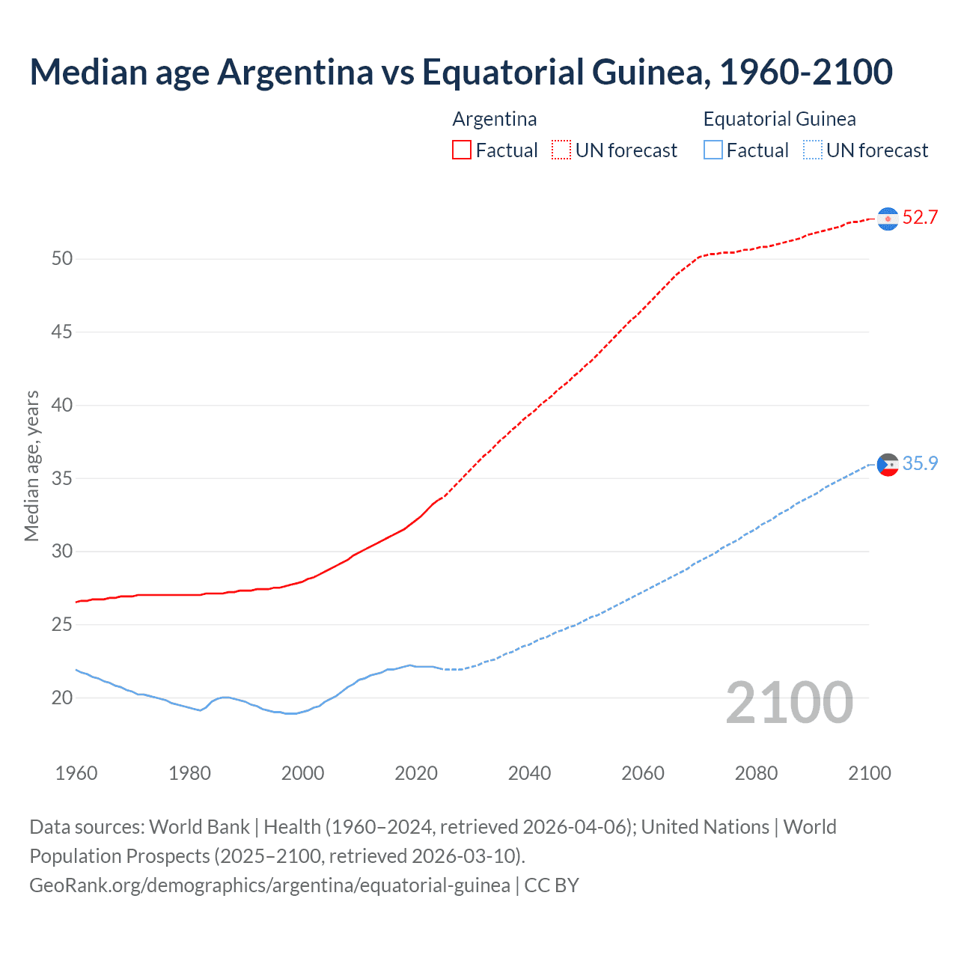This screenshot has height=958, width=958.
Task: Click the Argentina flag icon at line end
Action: pos(888,219)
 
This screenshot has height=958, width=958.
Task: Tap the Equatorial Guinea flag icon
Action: pos(888,465)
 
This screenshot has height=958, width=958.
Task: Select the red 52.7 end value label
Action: pos(920,218)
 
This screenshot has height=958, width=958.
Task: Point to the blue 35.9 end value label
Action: pos(920,464)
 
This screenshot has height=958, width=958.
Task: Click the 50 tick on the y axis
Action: pos(62,259)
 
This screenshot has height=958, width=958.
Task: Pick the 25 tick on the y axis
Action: pos(62,624)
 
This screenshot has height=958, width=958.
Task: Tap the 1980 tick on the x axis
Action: pos(189,773)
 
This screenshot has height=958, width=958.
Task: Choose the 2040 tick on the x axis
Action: pos(529,773)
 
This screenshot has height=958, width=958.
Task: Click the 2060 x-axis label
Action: pos(643,773)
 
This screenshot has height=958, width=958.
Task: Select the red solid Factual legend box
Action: pos(462,150)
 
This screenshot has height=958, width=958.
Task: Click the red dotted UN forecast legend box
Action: pos(561,150)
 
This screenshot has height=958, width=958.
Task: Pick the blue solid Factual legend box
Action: pos(713,150)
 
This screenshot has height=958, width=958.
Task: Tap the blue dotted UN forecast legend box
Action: pos(813,150)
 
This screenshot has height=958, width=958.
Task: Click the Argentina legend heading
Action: pos(495,119)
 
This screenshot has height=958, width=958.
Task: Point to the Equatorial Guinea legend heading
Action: pos(779,119)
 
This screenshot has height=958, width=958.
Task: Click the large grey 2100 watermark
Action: pos(789,702)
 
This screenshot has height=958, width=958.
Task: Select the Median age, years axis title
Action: pos(31,466)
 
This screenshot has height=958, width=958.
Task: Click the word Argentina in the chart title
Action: pos(295,72)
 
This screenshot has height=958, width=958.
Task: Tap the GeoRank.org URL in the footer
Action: pos(269,885)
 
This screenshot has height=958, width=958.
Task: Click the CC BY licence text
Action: pos(552,885)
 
